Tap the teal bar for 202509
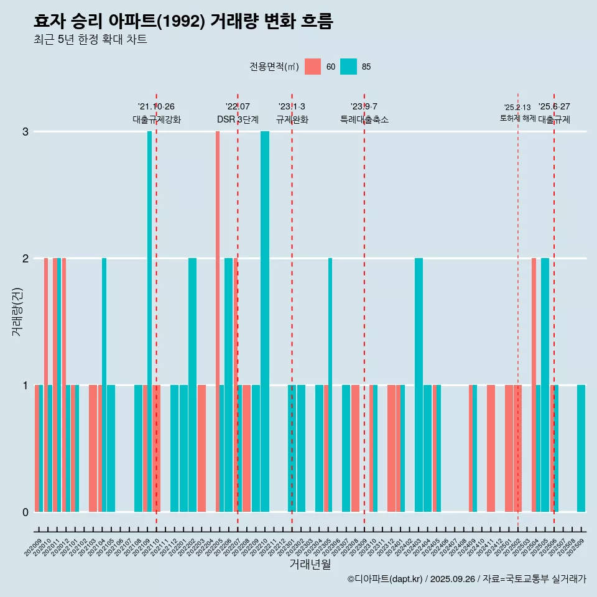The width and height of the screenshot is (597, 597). pos(581,448)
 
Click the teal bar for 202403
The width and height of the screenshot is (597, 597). pos(419,385)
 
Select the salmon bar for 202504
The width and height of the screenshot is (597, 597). pos(534,385)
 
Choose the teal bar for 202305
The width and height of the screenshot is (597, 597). pos(330,385)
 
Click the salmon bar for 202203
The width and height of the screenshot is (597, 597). pos(201,448)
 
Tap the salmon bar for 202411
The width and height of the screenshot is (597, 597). pos(491,448)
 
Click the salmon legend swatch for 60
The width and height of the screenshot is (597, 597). pos(313,67)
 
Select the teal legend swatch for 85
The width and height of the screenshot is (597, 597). pos(349,67)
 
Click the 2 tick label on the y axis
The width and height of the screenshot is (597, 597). pos(25,259)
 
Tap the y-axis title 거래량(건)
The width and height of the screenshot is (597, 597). pos(17,312)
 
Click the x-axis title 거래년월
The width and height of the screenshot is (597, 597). pos(310,564)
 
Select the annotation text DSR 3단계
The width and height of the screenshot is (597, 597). pos(238,119)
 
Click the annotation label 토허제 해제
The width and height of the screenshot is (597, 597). pos(517,118)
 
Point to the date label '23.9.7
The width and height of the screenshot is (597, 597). pos(364,107)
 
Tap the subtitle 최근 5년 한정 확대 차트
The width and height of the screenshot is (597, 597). pos(90,40)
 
